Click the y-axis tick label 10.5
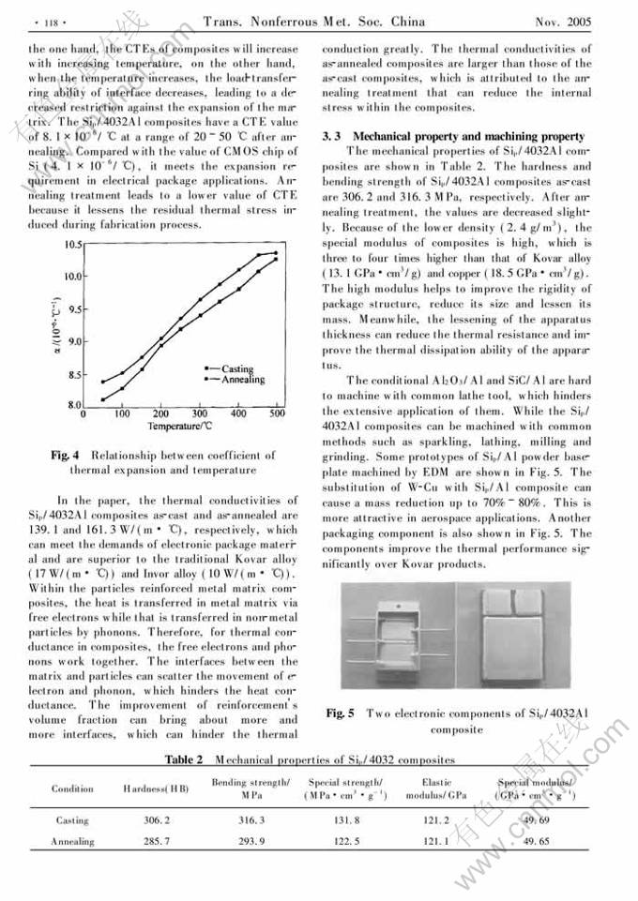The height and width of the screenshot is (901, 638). [x=73, y=245]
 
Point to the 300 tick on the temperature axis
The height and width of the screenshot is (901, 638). [x=200, y=413]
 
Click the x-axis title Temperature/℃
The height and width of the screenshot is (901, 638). [x=180, y=426]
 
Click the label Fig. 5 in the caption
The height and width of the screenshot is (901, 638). [x=340, y=713]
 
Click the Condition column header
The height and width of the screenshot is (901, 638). [x=72, y=788]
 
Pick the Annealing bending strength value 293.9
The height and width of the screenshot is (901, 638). [x=250, y=841]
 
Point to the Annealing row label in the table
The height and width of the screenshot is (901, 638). [x=72, y=841]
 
